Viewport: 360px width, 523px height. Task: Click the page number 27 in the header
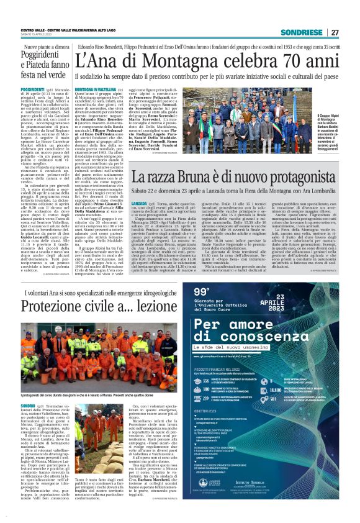[335, 32]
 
